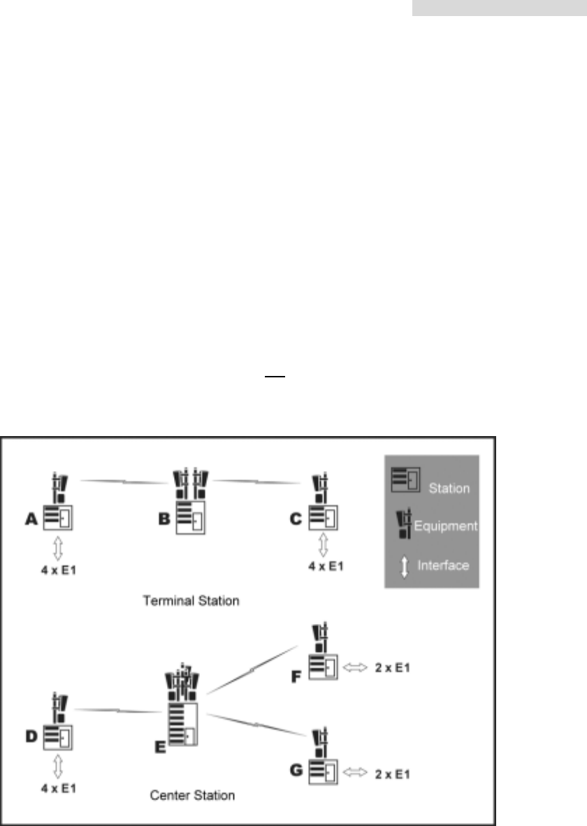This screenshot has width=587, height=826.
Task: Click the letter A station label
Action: pyautogui.click(x=31, y=518)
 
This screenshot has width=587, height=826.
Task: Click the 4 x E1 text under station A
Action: pyautogui.click(x=58, y=570)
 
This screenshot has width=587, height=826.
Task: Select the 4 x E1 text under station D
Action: pyautogui.click(x=58, y=788)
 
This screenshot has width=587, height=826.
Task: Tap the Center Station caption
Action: pyautogui.click(x=192, y=795)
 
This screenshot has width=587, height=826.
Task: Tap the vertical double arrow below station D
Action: pyautogui.click(x=58, y=767)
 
